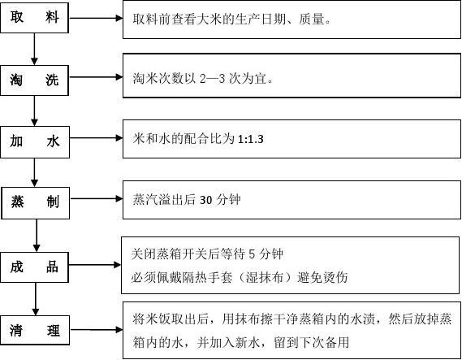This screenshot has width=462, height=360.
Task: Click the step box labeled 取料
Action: [x=34, y=18]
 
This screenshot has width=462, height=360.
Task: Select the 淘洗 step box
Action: [x=34, y=80]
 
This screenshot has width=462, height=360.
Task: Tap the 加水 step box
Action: [x=35, y=142]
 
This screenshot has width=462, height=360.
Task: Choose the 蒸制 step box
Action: [x=36, y=203]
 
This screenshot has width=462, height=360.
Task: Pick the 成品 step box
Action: [x=34, y=267]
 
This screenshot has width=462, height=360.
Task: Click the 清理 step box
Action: [x=35, y=330]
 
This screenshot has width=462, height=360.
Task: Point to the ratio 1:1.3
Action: [x=250, y=139]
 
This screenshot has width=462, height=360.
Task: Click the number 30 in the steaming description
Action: [x=206, y=200]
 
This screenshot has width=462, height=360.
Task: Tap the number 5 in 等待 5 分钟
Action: [x=252, y=254]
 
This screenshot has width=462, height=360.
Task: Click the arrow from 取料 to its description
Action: [x=96, y=18]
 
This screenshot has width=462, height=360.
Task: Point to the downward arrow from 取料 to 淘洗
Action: [x=34, y=50]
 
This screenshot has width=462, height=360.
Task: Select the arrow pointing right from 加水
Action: [x=97, y=138]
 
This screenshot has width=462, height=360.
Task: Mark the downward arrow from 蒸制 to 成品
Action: [x=37, y=236]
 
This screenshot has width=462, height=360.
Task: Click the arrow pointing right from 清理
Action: [x=97, y=330]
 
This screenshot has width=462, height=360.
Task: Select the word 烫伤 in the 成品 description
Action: [x=335, y=277]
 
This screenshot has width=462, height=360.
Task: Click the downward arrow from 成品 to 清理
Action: [x=36, y=299]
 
